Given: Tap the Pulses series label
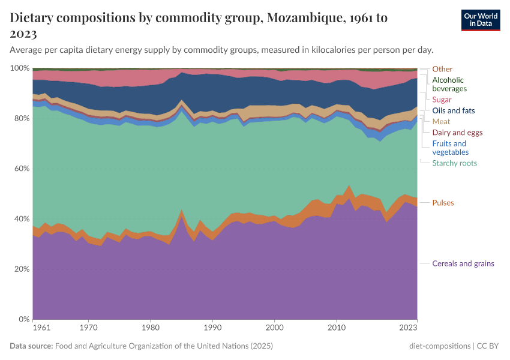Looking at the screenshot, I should click(x=443, y=203).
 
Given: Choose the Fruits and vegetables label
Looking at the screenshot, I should click(x=449, y=148).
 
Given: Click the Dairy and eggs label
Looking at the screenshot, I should click(x=458, y=132).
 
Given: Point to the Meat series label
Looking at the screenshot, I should click(x=441, y=121).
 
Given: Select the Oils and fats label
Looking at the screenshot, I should click(x=453, y=110).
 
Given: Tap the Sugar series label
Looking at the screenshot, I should click(x=442, y=100).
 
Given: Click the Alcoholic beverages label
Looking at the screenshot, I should click(x=449, y=84).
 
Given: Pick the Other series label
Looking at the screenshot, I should click(x=442, y=69).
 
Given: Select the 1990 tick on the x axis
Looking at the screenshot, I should click(x=212, y=328).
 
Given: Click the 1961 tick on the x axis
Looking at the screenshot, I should click(x=41, y=328).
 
